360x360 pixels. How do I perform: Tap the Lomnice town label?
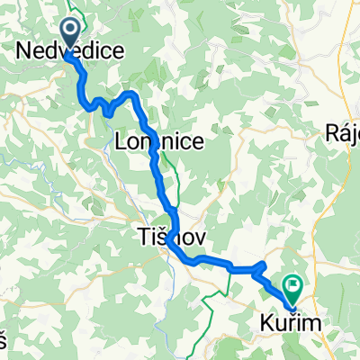pos(159,141)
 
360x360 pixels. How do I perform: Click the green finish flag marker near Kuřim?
pos(292,286)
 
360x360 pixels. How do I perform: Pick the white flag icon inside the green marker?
pos(292,284)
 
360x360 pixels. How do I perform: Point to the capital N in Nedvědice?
pos(25,55)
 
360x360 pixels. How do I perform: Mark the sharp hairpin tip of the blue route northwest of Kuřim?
pos(265,264)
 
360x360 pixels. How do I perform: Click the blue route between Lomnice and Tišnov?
pos(160,184)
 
